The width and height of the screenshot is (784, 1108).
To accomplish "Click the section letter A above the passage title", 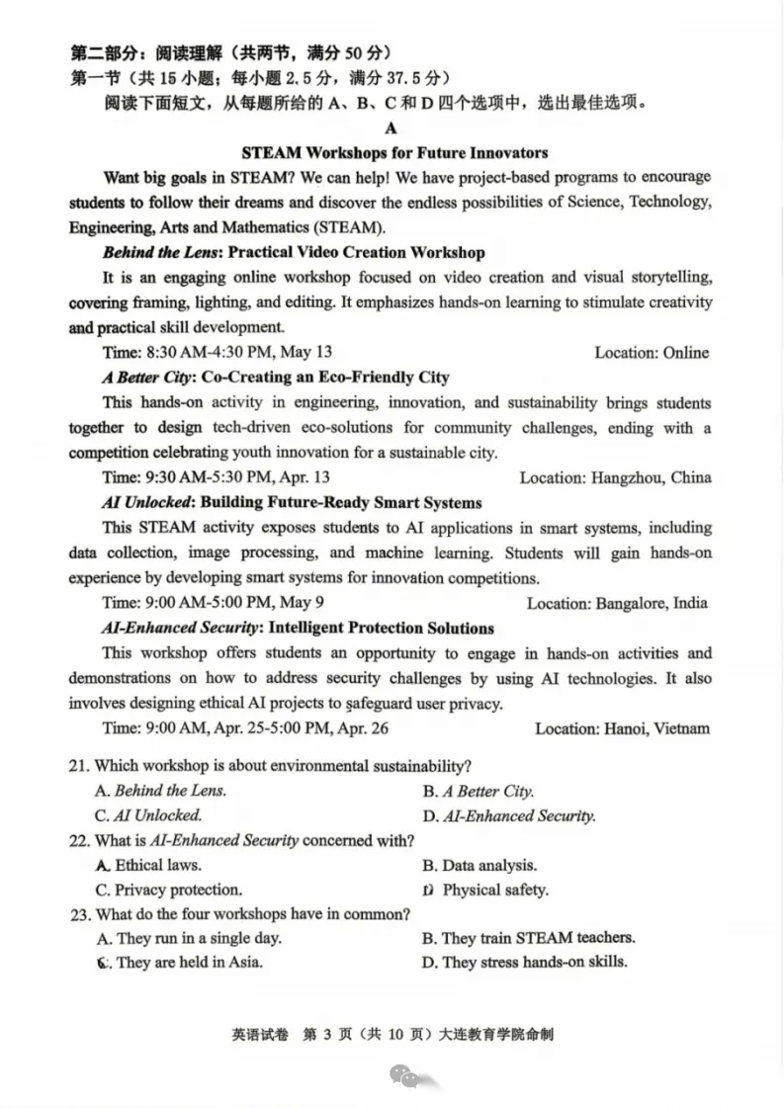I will tap(392, 128).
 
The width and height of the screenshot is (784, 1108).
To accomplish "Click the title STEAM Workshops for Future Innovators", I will tap(394, 152).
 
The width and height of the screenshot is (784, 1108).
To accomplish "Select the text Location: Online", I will tap(652, 352).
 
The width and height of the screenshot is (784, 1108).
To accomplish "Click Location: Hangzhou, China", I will tap(615, 477).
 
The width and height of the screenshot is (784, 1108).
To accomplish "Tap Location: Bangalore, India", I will tap(616, 603).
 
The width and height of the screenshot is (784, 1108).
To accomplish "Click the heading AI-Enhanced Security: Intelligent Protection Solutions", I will tap(298, 628).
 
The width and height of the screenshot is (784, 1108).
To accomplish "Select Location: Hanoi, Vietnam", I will tap(622, 728).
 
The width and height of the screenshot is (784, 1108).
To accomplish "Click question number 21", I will tap(79, 766).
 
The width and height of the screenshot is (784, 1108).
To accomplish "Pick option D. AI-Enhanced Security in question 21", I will tap(509, 815).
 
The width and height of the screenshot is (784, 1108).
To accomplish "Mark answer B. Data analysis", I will tap(479, 865).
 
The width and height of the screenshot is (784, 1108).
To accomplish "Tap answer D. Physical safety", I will tap(485, 890).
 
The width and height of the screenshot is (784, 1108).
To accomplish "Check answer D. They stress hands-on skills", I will tap(525, 962).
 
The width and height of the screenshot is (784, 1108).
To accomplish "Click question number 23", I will tap(79, 914).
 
